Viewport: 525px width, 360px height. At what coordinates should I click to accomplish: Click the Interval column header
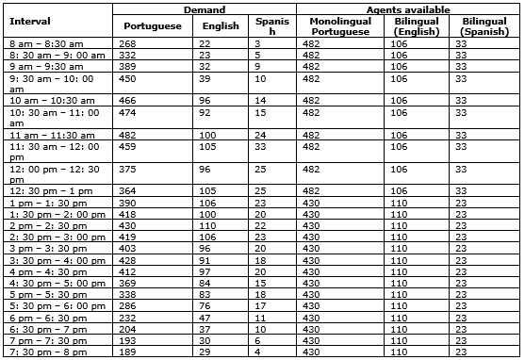(x=29, y=20)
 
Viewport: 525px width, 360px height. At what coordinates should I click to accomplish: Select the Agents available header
(x=406, y=8)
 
